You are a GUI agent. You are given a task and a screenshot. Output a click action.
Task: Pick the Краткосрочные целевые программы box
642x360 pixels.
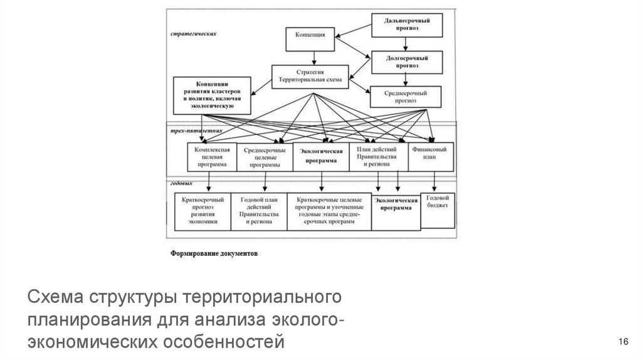(328, 211)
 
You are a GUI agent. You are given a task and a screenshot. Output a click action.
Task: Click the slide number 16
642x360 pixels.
(623, 341)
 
